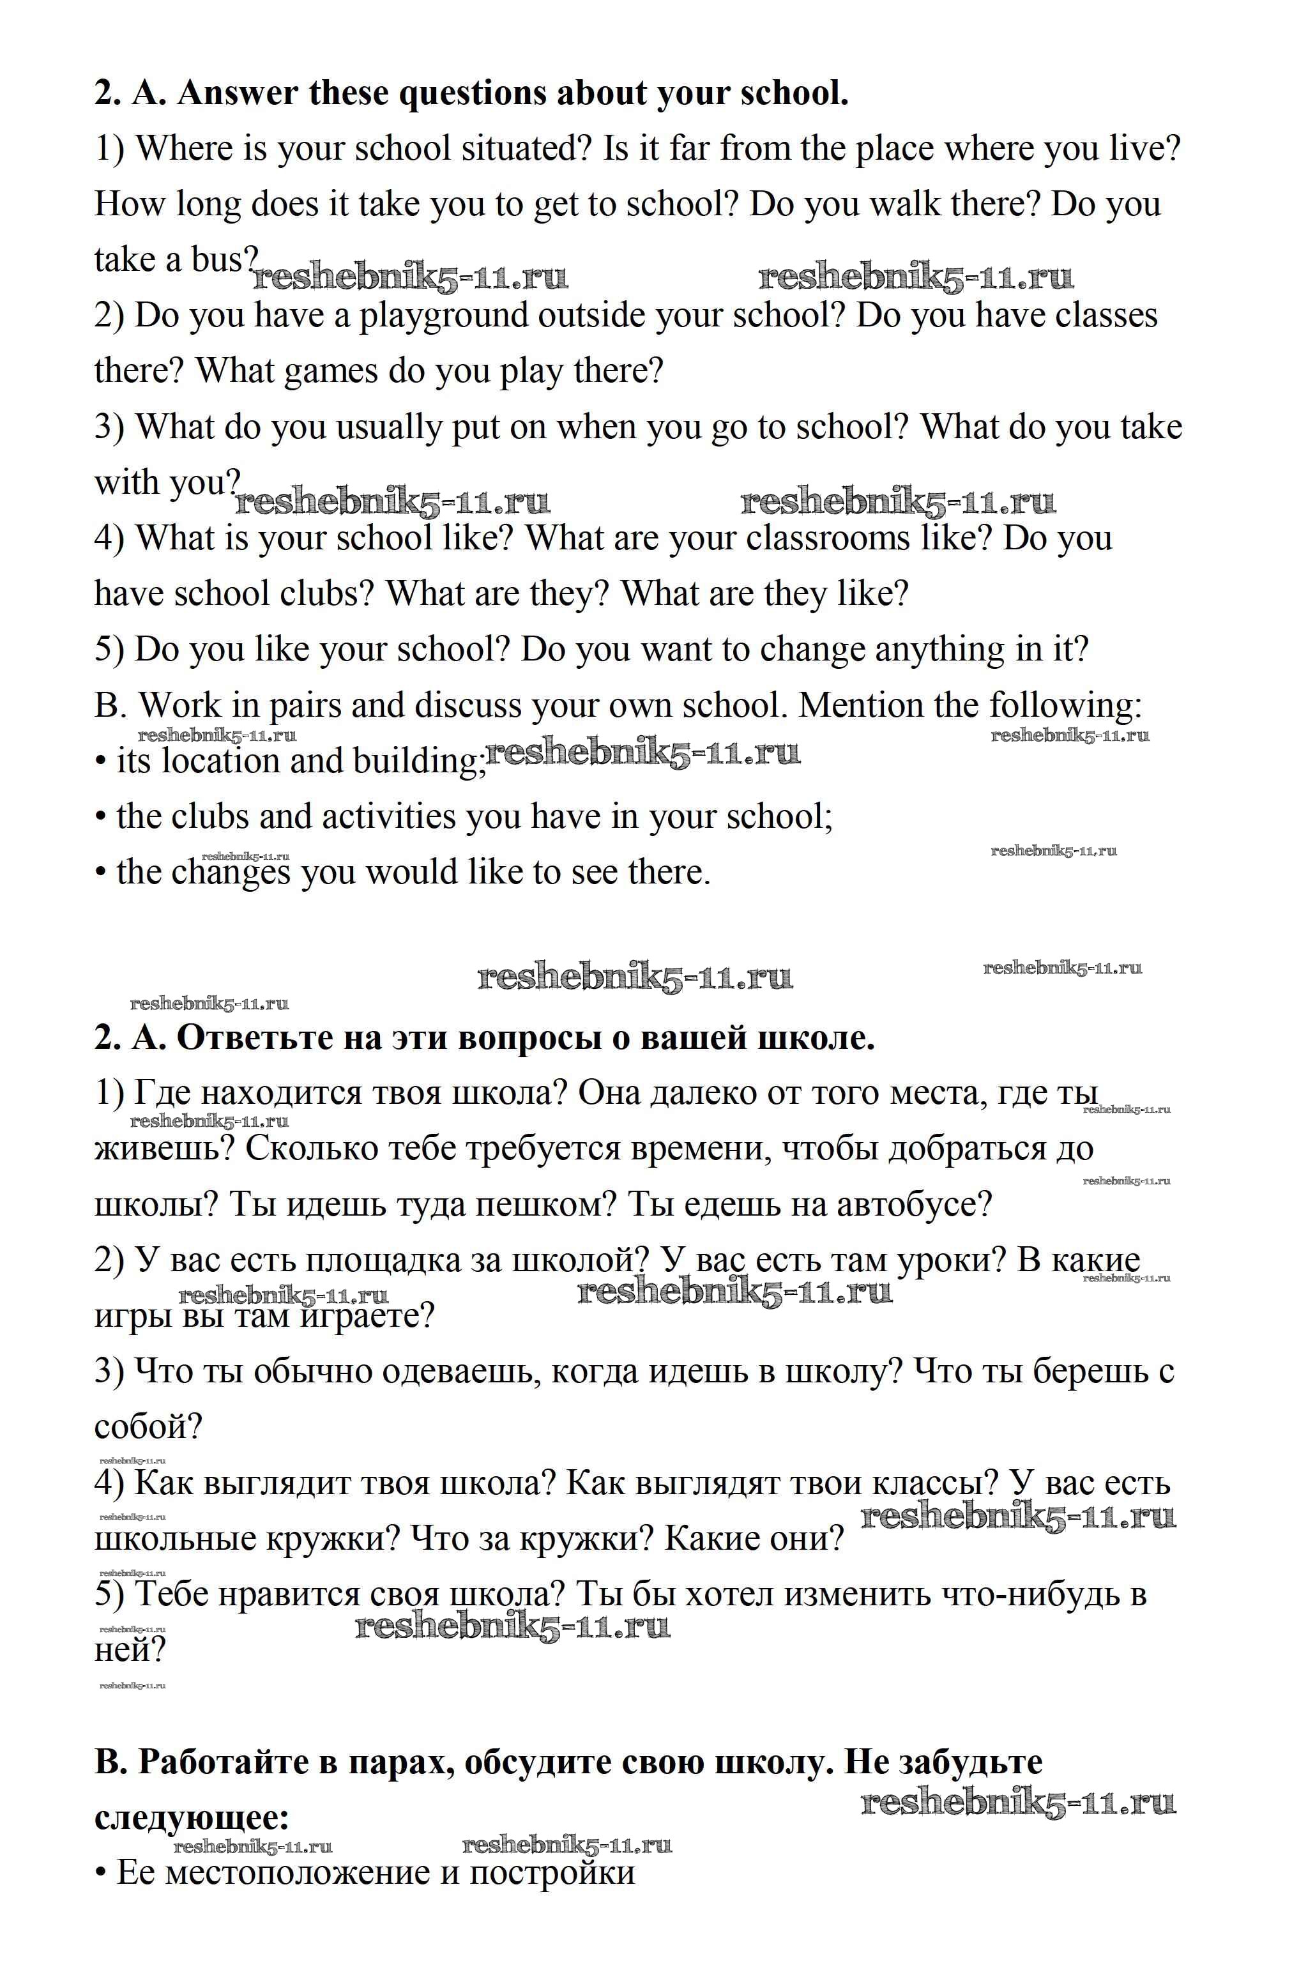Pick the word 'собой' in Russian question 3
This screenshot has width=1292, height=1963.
click(148, 1428)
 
